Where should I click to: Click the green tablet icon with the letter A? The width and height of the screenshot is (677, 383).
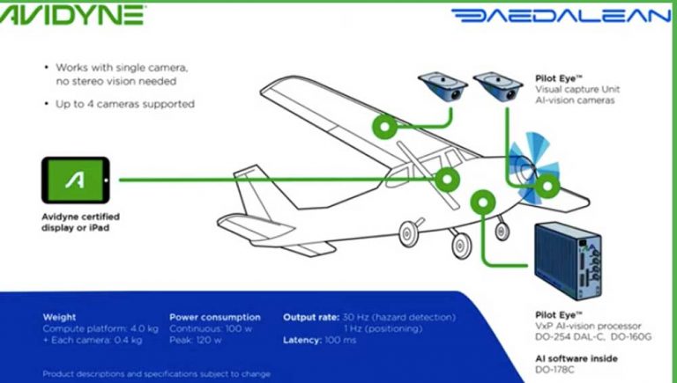76,180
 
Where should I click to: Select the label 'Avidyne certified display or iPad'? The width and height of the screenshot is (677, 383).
81,221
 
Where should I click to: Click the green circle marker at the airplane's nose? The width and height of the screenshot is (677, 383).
547,185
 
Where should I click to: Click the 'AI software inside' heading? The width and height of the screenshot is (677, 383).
577,358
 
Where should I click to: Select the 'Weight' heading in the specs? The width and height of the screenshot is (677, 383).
59,317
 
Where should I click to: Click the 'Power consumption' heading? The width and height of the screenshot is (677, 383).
214,317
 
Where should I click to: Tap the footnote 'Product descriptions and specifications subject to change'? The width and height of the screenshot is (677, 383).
157,373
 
